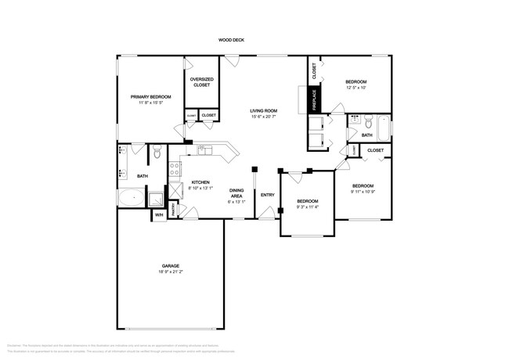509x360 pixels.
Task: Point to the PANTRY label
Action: tap(174, 207)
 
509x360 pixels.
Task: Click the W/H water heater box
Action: tap(158, 214)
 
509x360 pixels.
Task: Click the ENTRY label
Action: tap(267, 194)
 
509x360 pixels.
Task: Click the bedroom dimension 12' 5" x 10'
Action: tap(356, 87)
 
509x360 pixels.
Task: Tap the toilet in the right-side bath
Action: tap(356, 121)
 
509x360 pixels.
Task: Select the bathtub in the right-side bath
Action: tap(381, 125)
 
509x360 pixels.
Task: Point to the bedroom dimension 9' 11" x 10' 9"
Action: tap(364, 191)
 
